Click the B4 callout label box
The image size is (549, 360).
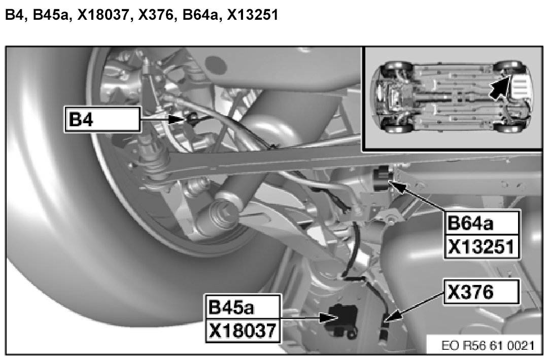tap(102, 120)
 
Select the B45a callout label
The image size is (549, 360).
tap(244, 306)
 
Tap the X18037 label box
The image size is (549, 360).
tap(244, 330)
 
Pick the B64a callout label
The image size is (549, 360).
tap(482, 223)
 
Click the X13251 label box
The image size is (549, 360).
tap(482, 246)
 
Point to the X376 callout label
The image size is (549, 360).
tap(482, 292)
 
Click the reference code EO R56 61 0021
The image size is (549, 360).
tap(488, 346)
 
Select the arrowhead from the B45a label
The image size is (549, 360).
tap(328, 317)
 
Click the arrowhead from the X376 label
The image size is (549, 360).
tap(393, 316)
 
